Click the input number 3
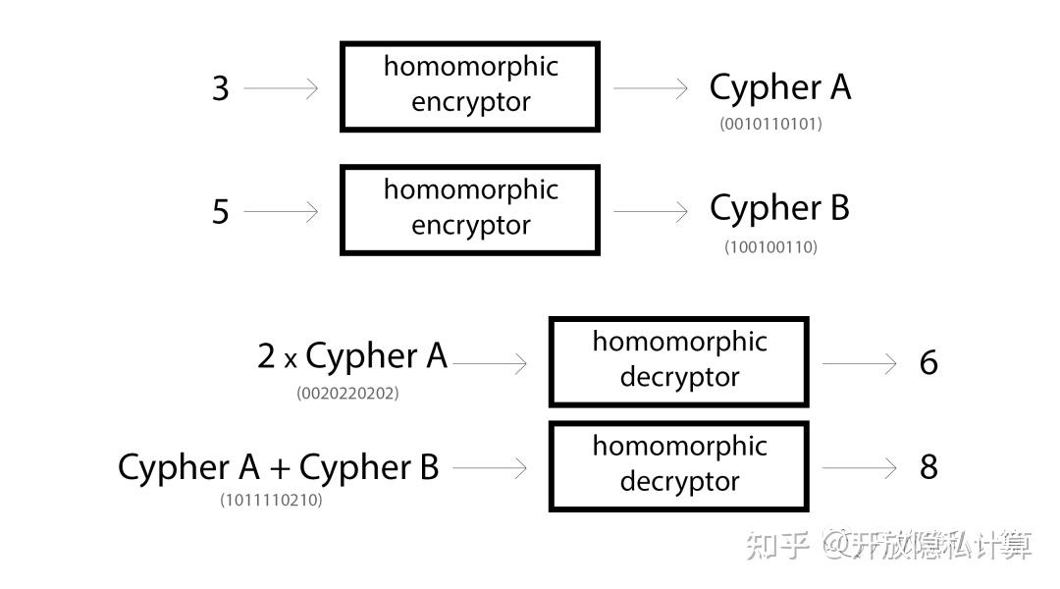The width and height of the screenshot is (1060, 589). point(221,88)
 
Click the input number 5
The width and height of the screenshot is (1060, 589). point(221,211)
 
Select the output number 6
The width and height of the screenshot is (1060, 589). point(928,363)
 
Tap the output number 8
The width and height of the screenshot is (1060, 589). point(928,467)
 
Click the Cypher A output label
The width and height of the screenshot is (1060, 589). point(779,87)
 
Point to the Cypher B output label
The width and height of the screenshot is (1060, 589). point(779,208)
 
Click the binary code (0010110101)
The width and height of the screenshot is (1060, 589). point(770,125)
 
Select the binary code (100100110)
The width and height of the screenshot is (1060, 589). point(770,247)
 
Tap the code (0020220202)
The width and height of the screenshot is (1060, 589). point(347,394)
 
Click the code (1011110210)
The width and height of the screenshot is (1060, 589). point(271,501)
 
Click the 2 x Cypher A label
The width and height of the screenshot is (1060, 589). point(352,356)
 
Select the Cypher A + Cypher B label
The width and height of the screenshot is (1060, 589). point(278,467)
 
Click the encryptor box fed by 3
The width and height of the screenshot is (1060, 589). point(469,86)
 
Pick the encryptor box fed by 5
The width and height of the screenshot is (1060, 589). point(469,210)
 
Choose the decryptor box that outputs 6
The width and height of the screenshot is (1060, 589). point(678,361)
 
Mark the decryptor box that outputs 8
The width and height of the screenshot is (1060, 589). point(678,466)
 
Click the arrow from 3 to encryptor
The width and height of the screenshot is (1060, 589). point(282,88)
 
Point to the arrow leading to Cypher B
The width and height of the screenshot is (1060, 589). point(651,211)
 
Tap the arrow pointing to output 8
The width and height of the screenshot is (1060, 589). point(859,468)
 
